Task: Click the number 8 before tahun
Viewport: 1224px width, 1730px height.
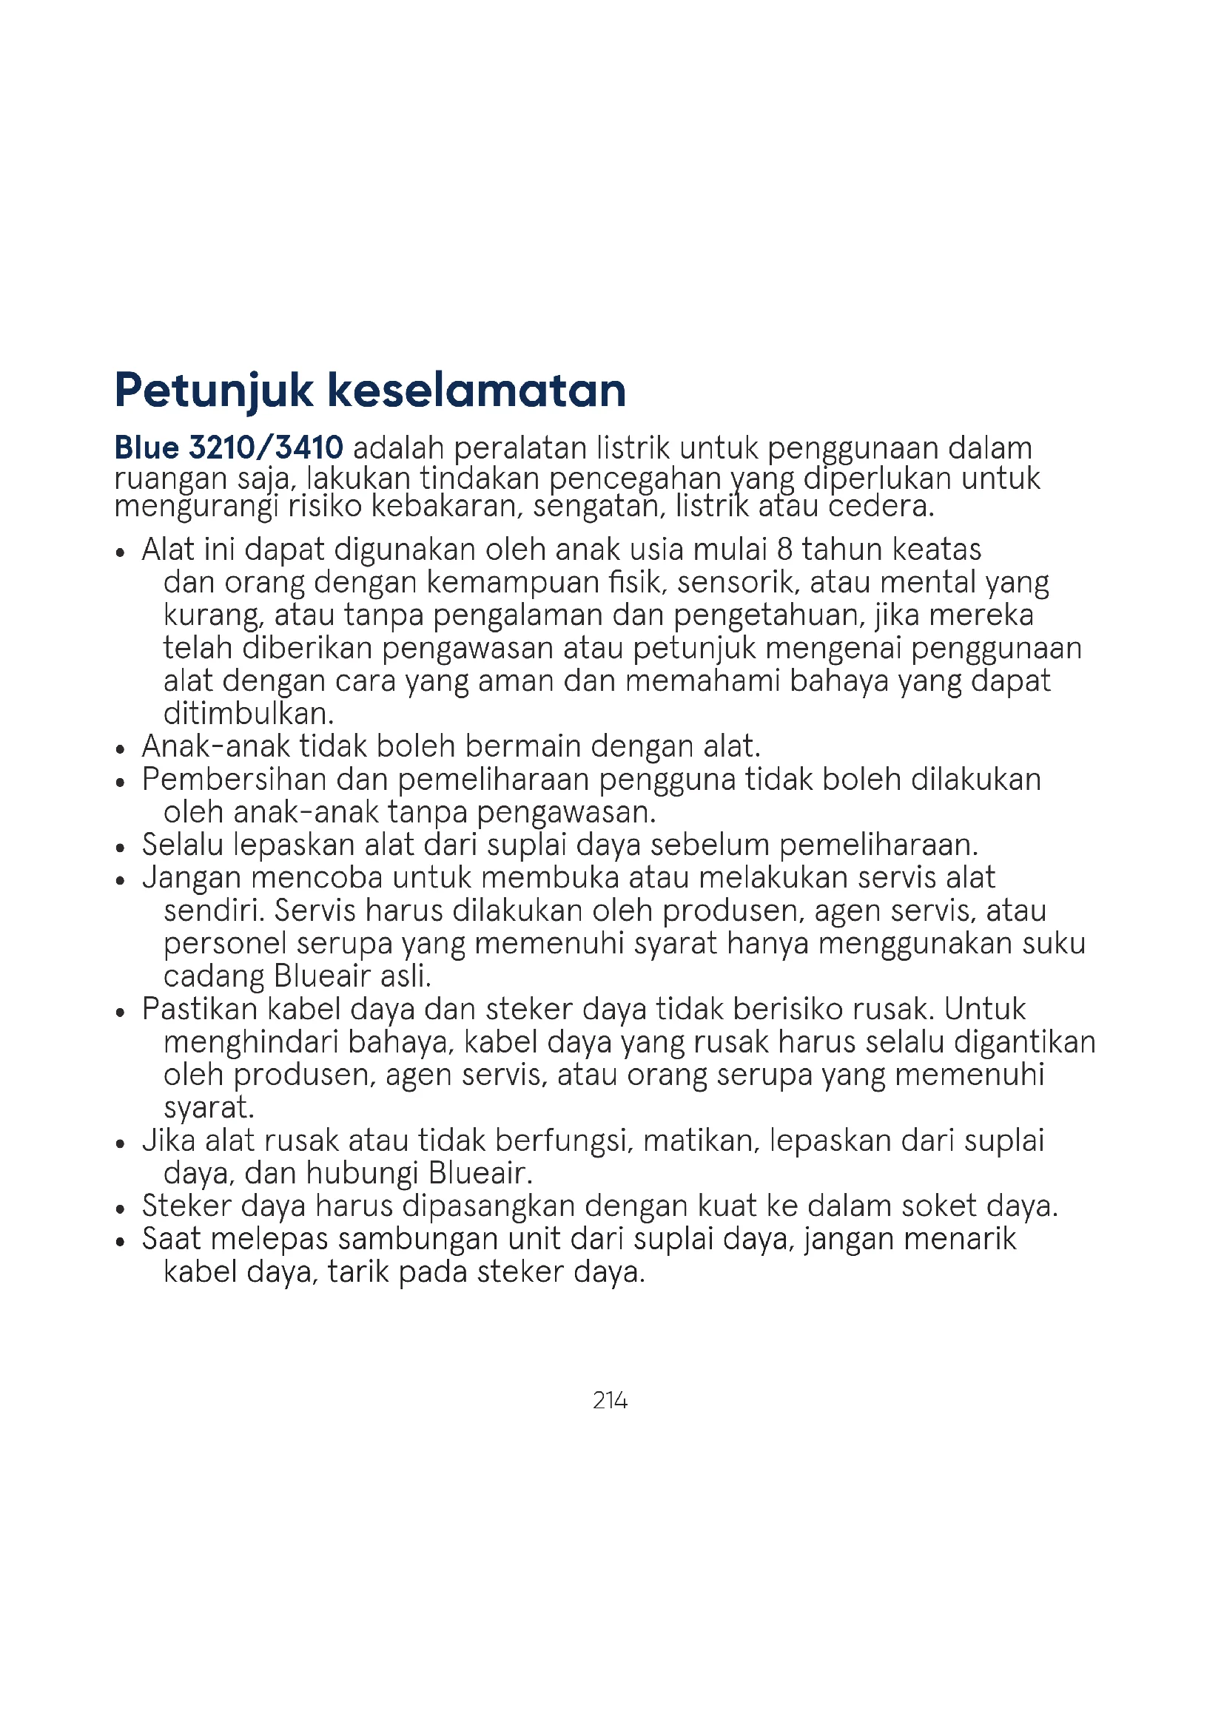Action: (785, 550)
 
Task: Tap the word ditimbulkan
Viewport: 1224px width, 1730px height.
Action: (249, 713)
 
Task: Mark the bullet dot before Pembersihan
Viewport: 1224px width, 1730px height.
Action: (121, 783)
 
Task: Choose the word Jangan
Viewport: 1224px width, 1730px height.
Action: (192, 878)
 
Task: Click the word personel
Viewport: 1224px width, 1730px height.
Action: (226, 943)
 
